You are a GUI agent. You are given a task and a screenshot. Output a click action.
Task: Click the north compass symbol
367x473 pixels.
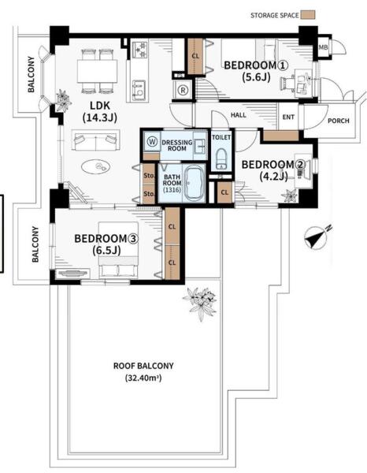(316, 238)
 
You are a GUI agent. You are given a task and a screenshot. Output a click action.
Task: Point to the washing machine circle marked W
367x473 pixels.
(153, 141)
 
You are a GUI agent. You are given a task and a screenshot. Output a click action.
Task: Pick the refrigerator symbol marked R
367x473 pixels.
(182, 90)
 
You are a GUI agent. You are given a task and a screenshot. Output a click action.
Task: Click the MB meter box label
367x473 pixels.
(324, 47)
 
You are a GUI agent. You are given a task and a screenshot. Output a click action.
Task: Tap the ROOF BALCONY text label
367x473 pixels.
(143, 366)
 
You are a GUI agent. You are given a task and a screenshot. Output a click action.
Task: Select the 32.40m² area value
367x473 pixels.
(143, 378)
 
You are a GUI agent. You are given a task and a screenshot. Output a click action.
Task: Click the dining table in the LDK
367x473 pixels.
(97, 71)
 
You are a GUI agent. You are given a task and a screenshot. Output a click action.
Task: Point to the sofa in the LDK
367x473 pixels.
(96, 140)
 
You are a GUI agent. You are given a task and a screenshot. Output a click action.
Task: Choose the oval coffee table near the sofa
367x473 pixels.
(96, 166)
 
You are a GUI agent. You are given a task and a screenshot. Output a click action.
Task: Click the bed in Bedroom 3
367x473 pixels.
(118, 249)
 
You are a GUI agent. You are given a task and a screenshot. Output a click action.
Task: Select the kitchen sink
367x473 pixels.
(139, 90)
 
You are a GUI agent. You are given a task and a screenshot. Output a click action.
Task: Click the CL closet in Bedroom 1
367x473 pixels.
(195, 56)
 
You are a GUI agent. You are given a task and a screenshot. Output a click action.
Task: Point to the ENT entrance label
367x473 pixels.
(288, 117)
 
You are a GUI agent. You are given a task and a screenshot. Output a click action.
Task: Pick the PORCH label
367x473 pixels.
(339, 121)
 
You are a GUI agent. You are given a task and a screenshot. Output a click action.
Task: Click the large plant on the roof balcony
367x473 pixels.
(200, 303)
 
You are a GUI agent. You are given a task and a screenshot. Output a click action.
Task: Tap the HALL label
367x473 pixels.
(239, 115)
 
